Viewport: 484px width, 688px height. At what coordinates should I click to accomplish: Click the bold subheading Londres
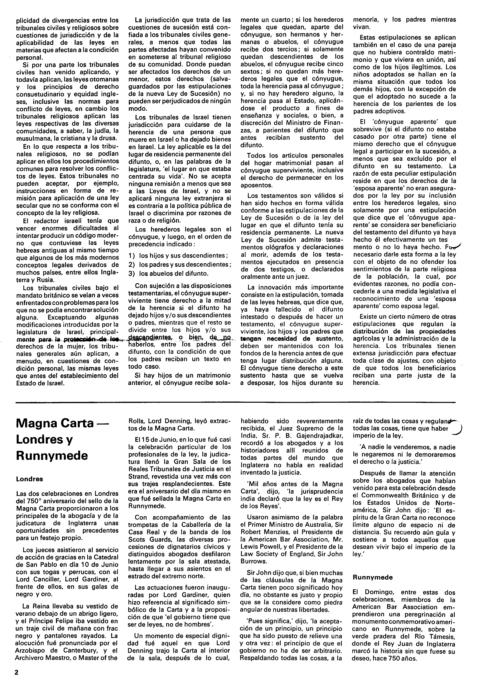point(29,479)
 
